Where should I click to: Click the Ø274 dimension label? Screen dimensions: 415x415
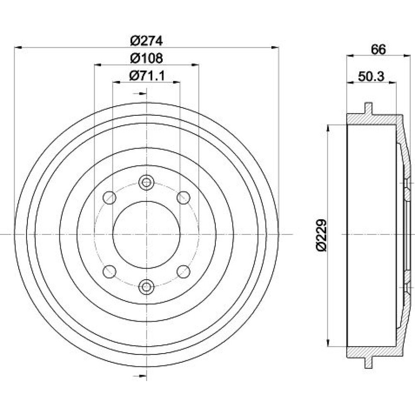pos(146,41)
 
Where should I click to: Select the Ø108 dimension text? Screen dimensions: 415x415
pos(146,58)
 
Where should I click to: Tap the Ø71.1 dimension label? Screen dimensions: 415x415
pos(147,76)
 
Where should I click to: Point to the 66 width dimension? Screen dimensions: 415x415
pos(378,49)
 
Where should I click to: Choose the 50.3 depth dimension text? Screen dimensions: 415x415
pos(371,76)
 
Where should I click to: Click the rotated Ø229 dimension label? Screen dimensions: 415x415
pos(321,235)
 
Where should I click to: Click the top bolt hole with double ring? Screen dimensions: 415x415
pos(146,182)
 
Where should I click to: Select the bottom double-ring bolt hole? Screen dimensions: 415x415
pos(146,286)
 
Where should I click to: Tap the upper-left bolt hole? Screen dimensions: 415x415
pos(109,198)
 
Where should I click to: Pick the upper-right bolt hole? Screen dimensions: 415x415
pos(183,198)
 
